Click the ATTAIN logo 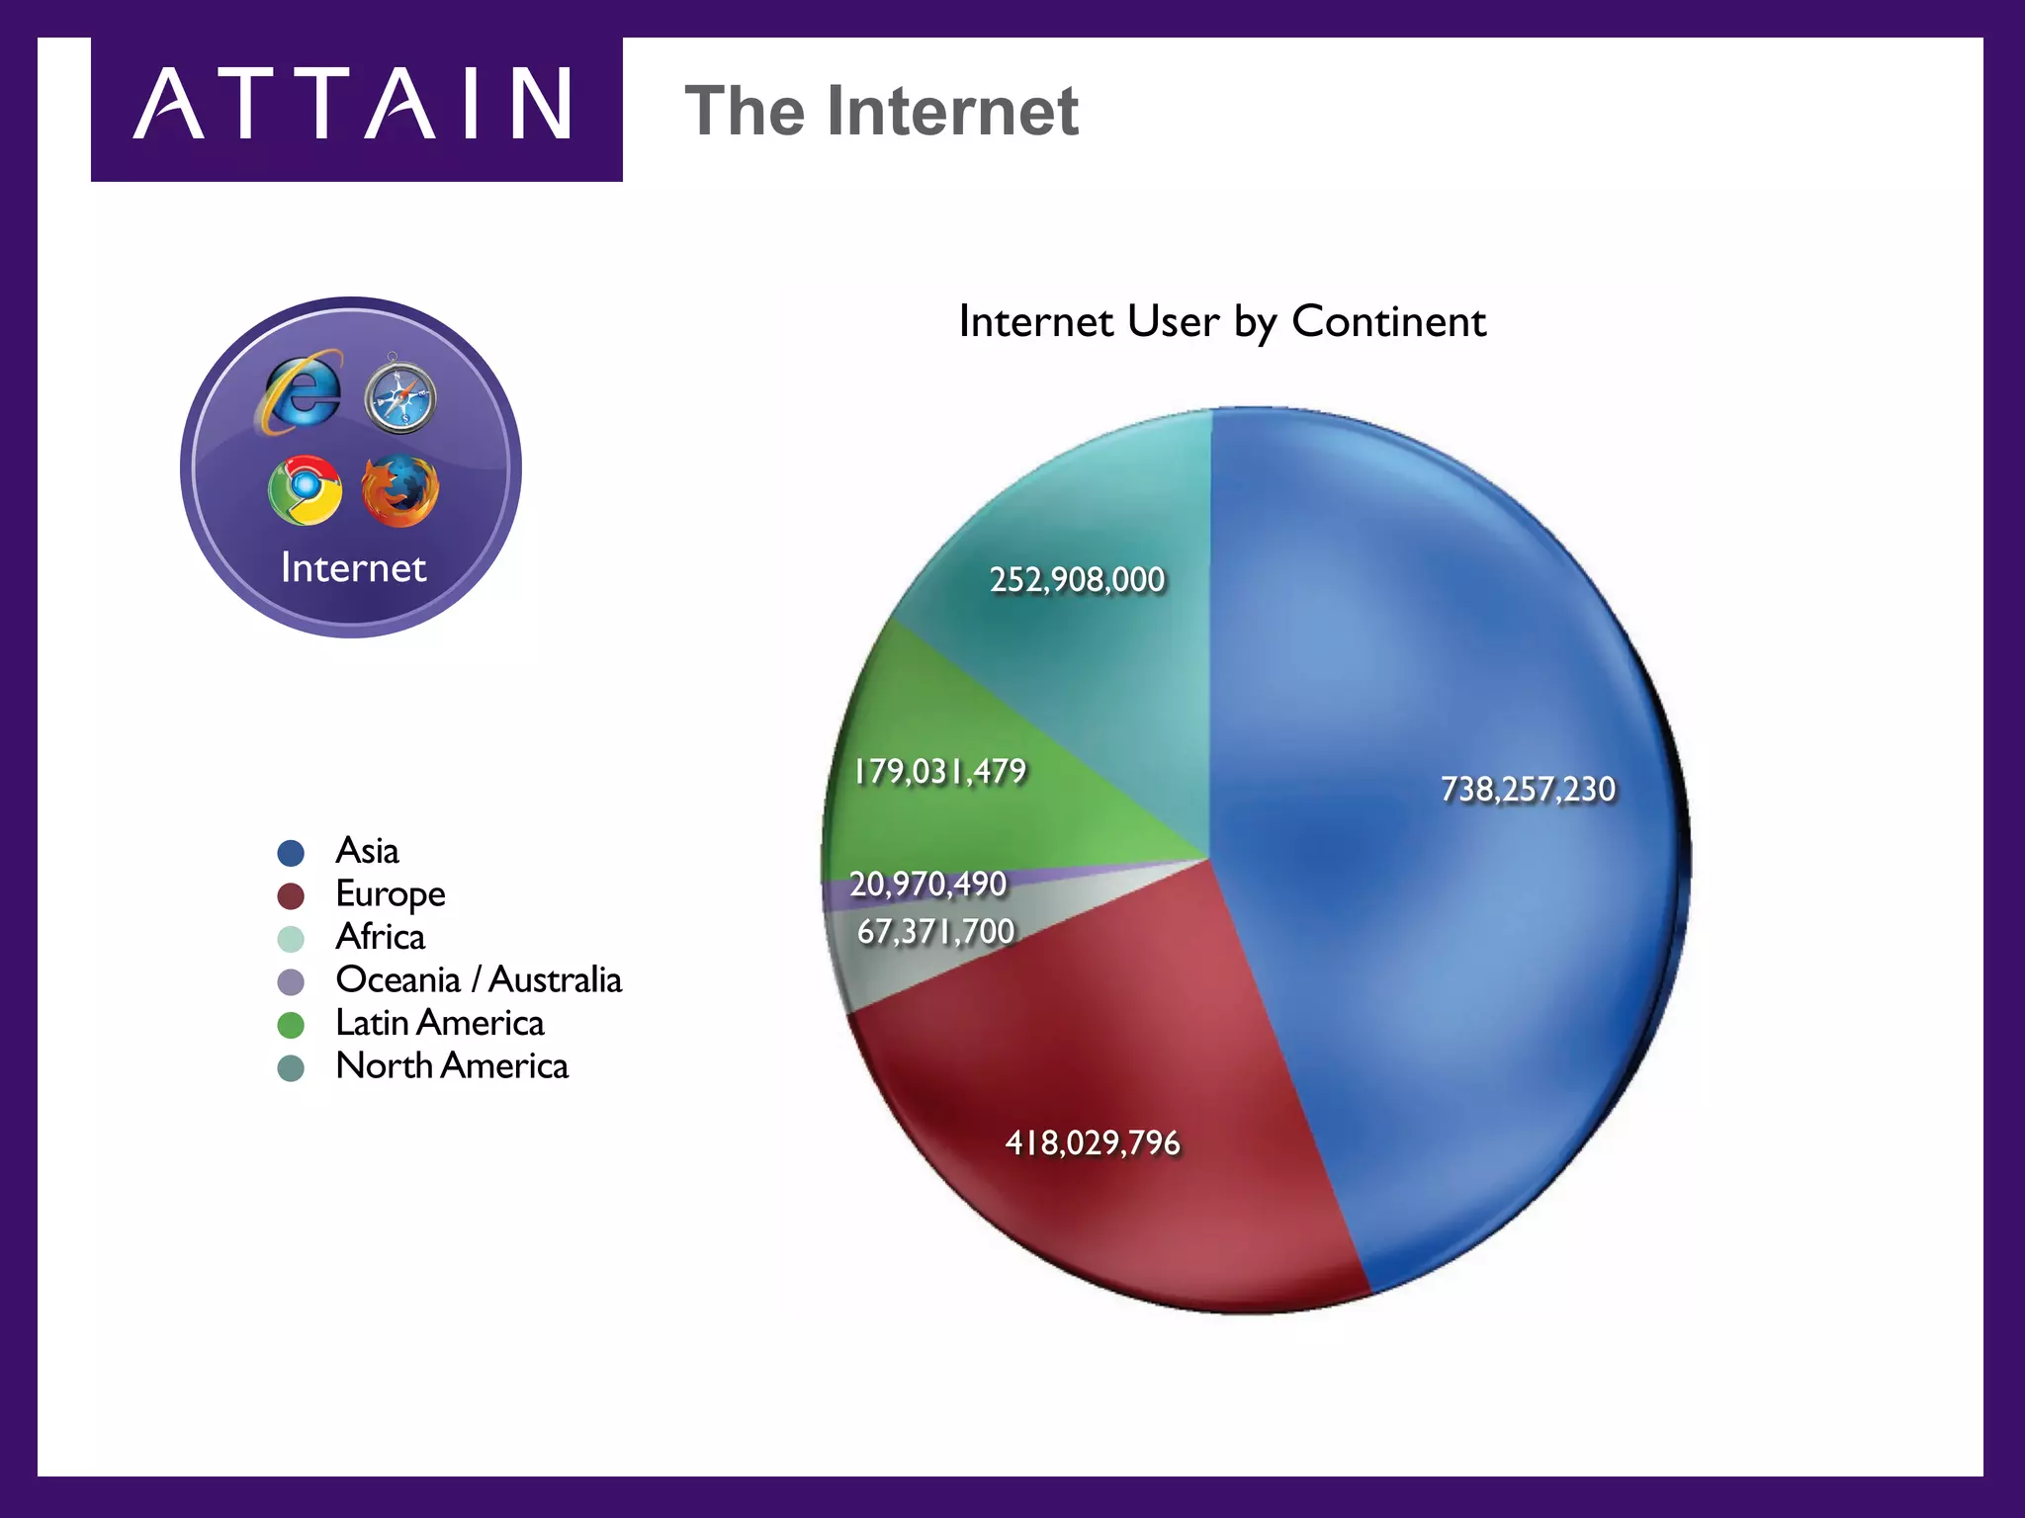(354, 106)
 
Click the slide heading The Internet (881, 111)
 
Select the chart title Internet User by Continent (1221, 322)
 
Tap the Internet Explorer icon (301, 392)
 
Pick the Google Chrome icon (305, 490)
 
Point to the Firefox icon (399, 490)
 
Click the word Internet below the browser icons (353, 568)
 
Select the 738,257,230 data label (1528, 790)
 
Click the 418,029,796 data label (1093, 1143)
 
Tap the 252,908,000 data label (1078, 580)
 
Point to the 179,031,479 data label (940, 772)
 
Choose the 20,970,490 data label (927, 884)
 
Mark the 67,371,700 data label (935, 931)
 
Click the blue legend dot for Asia (291, 853)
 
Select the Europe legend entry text (391, 894)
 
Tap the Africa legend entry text (381, 937)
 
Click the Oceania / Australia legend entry (479, 980)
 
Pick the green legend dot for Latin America (291, 1025)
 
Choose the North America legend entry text (452, 1066)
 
